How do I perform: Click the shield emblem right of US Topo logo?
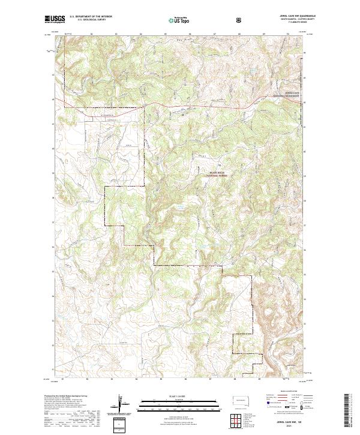pos(239,19)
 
